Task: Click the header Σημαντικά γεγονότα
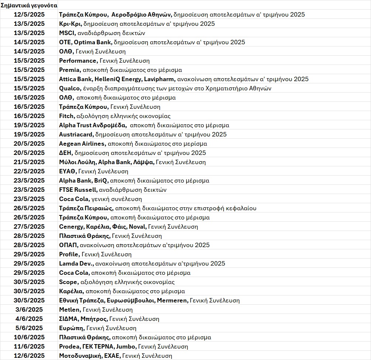(29, 6)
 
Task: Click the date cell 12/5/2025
(29, 15)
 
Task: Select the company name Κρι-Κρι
(70, 24)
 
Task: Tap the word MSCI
(67, 33)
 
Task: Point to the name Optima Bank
(93, 42)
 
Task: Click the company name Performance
(78, 61)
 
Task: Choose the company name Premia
(69, 70)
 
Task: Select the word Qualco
(69, 89)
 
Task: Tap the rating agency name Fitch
(66, 116)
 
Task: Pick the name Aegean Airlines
(82, 144)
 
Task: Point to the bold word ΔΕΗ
(65, 153)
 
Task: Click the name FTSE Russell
(78, 190)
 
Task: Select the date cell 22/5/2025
(29, 172)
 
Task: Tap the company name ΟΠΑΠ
(68, 245)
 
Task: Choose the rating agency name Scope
(68, 282)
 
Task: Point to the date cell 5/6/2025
(29, 328)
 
